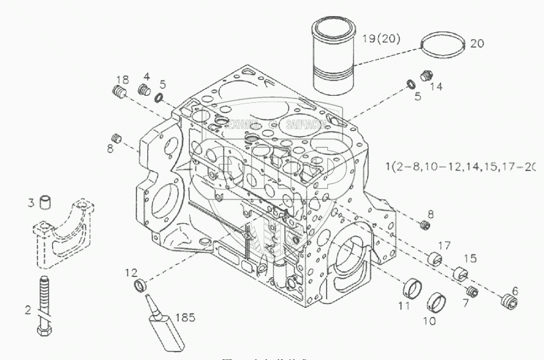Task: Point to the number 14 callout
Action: tap(436, 85)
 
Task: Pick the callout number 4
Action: tap(147, 76)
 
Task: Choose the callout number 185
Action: tap(185, 317)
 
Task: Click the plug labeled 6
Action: tap(510, 300)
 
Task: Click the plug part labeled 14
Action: tap(424, 76)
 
